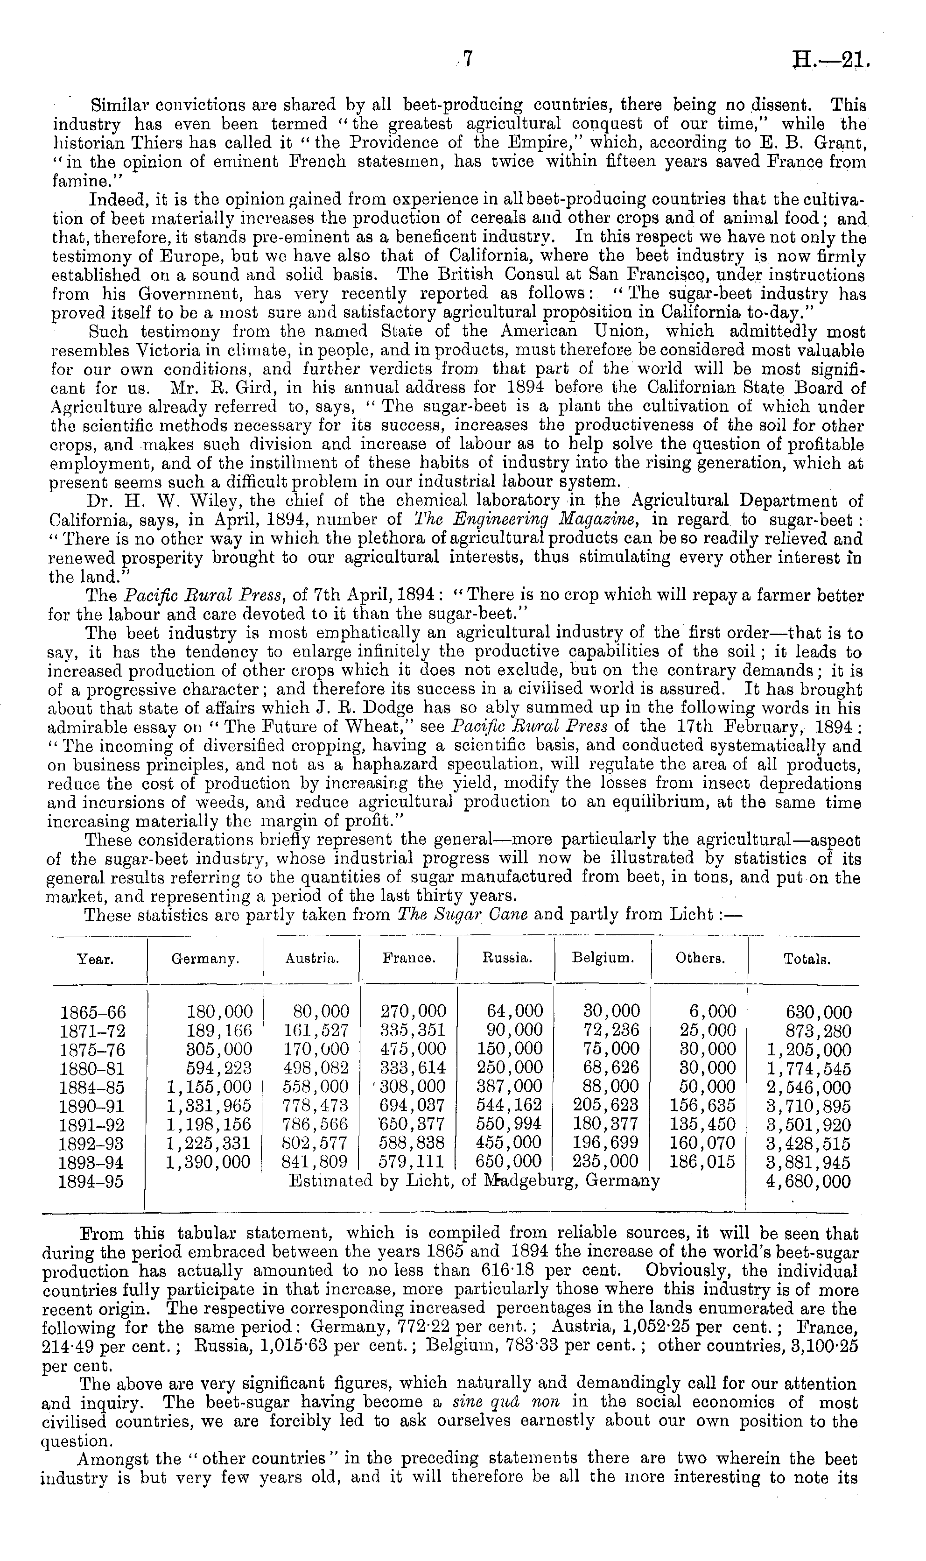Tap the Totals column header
(x=807, y=959)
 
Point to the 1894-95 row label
(x=91, y=1181)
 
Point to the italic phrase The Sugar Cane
(x=463, y=915)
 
